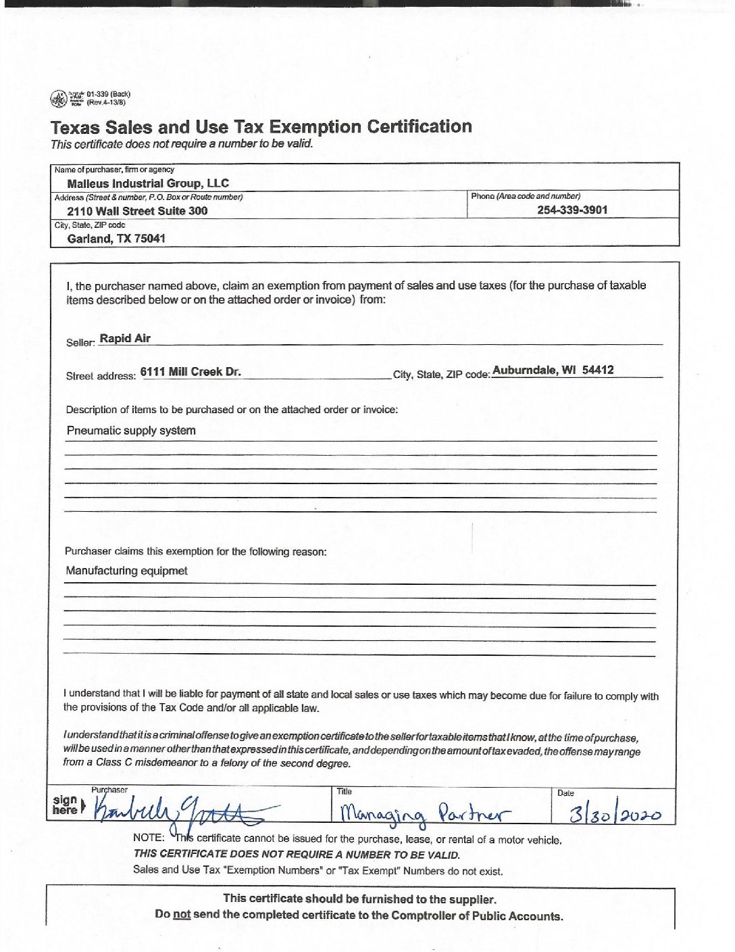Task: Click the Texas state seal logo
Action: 59,99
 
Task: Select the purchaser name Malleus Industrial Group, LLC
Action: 148,183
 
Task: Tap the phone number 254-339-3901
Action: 572,210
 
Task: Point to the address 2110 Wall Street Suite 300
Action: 137,211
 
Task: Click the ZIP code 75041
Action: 150,239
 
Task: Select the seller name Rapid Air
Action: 125,338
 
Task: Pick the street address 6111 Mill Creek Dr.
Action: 191,371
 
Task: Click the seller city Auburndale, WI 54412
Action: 553,370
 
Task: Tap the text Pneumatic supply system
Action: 131,431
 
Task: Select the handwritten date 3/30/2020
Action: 615,813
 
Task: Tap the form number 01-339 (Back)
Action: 108,94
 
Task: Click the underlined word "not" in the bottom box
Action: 182,915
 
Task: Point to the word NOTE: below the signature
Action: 149,838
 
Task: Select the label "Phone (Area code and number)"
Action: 526,196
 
